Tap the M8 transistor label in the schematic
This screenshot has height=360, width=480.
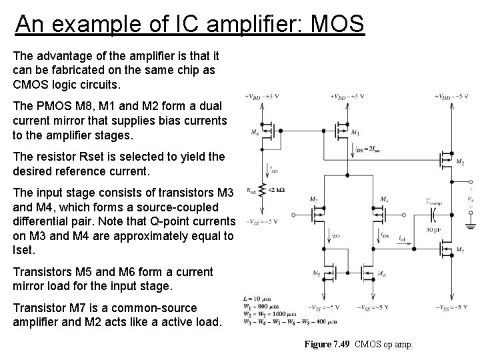coord(256,132)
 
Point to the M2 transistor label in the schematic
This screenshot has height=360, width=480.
coord(461,161)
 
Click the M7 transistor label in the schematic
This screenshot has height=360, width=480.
coord(461,249)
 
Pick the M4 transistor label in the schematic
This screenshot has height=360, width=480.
coord(384,199)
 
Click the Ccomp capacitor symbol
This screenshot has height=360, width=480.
coord(435,213)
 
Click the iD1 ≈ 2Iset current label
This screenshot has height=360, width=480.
coord(369,148)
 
